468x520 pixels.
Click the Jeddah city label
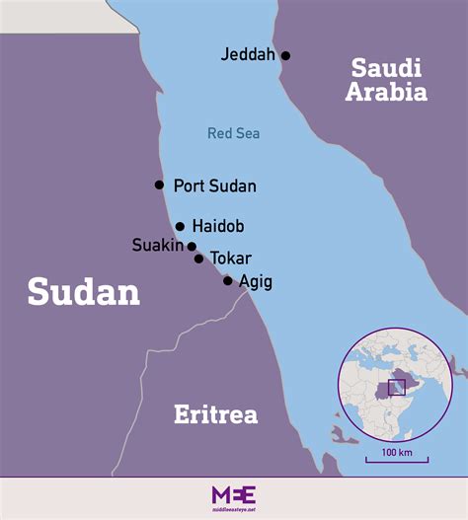(x=248, y=55)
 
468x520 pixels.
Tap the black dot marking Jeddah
(x=285, y=55)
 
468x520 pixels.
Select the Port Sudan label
(x=214, y=186)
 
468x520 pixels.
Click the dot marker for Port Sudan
(x=159, y=185)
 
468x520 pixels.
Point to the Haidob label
(x=219, y=226)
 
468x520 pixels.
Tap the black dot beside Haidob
(x=180, y=226)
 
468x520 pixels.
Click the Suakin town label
(x=158, y=245)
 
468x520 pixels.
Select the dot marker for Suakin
(x=192, y=247)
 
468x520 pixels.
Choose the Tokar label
(x=231, y=259)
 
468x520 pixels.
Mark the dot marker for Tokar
(x=198, y=259)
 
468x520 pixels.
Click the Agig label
(x=256, y=282)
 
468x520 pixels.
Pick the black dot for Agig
(x=228, y=281)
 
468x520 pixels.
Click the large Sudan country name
(x=83, y=291)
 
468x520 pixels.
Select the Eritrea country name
(x=215, y=414)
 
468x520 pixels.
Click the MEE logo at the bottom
(x=233, y=496)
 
